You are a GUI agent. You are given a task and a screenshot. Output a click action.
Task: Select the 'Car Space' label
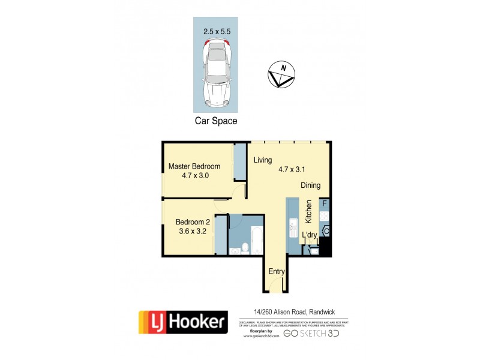[215, 121]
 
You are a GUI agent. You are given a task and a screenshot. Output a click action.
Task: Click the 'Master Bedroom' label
[194, 166]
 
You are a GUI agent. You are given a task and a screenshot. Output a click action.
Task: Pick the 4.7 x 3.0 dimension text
[194, 176]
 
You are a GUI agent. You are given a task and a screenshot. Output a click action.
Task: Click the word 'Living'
[263, 160]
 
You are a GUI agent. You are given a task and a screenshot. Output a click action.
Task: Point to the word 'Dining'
[311, 185]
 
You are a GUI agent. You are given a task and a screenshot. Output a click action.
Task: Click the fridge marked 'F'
[325, 204]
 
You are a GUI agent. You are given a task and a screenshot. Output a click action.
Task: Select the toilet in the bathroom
[246, 248]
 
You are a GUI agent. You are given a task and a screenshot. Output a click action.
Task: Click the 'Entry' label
[276, 271]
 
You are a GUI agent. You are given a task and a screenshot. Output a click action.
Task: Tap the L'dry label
[309, 235]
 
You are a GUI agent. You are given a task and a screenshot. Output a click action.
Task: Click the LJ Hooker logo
[183, 322]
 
